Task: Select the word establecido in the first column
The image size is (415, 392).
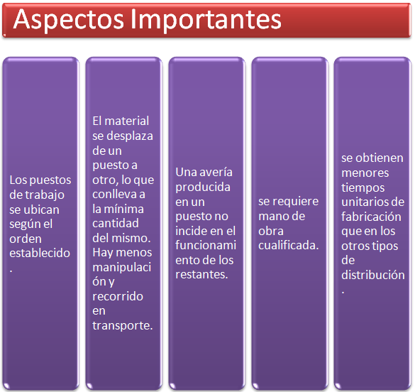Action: pyautogui.click(x=40, y=254)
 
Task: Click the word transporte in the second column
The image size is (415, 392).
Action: pyautogui.click(x=122, y=325)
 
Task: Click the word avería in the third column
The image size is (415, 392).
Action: pyautogui.click(x=212, y=172)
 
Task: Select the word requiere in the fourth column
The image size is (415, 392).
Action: pyautogui.click(x=296, y=201)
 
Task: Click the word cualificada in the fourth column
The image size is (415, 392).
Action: pyautogui.click(x=287, y=245)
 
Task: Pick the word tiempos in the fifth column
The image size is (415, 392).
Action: pyautogui.click(x=363, y=187)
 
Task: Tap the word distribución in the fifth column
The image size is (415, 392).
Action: pyautogui.click(x=372, y=276)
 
